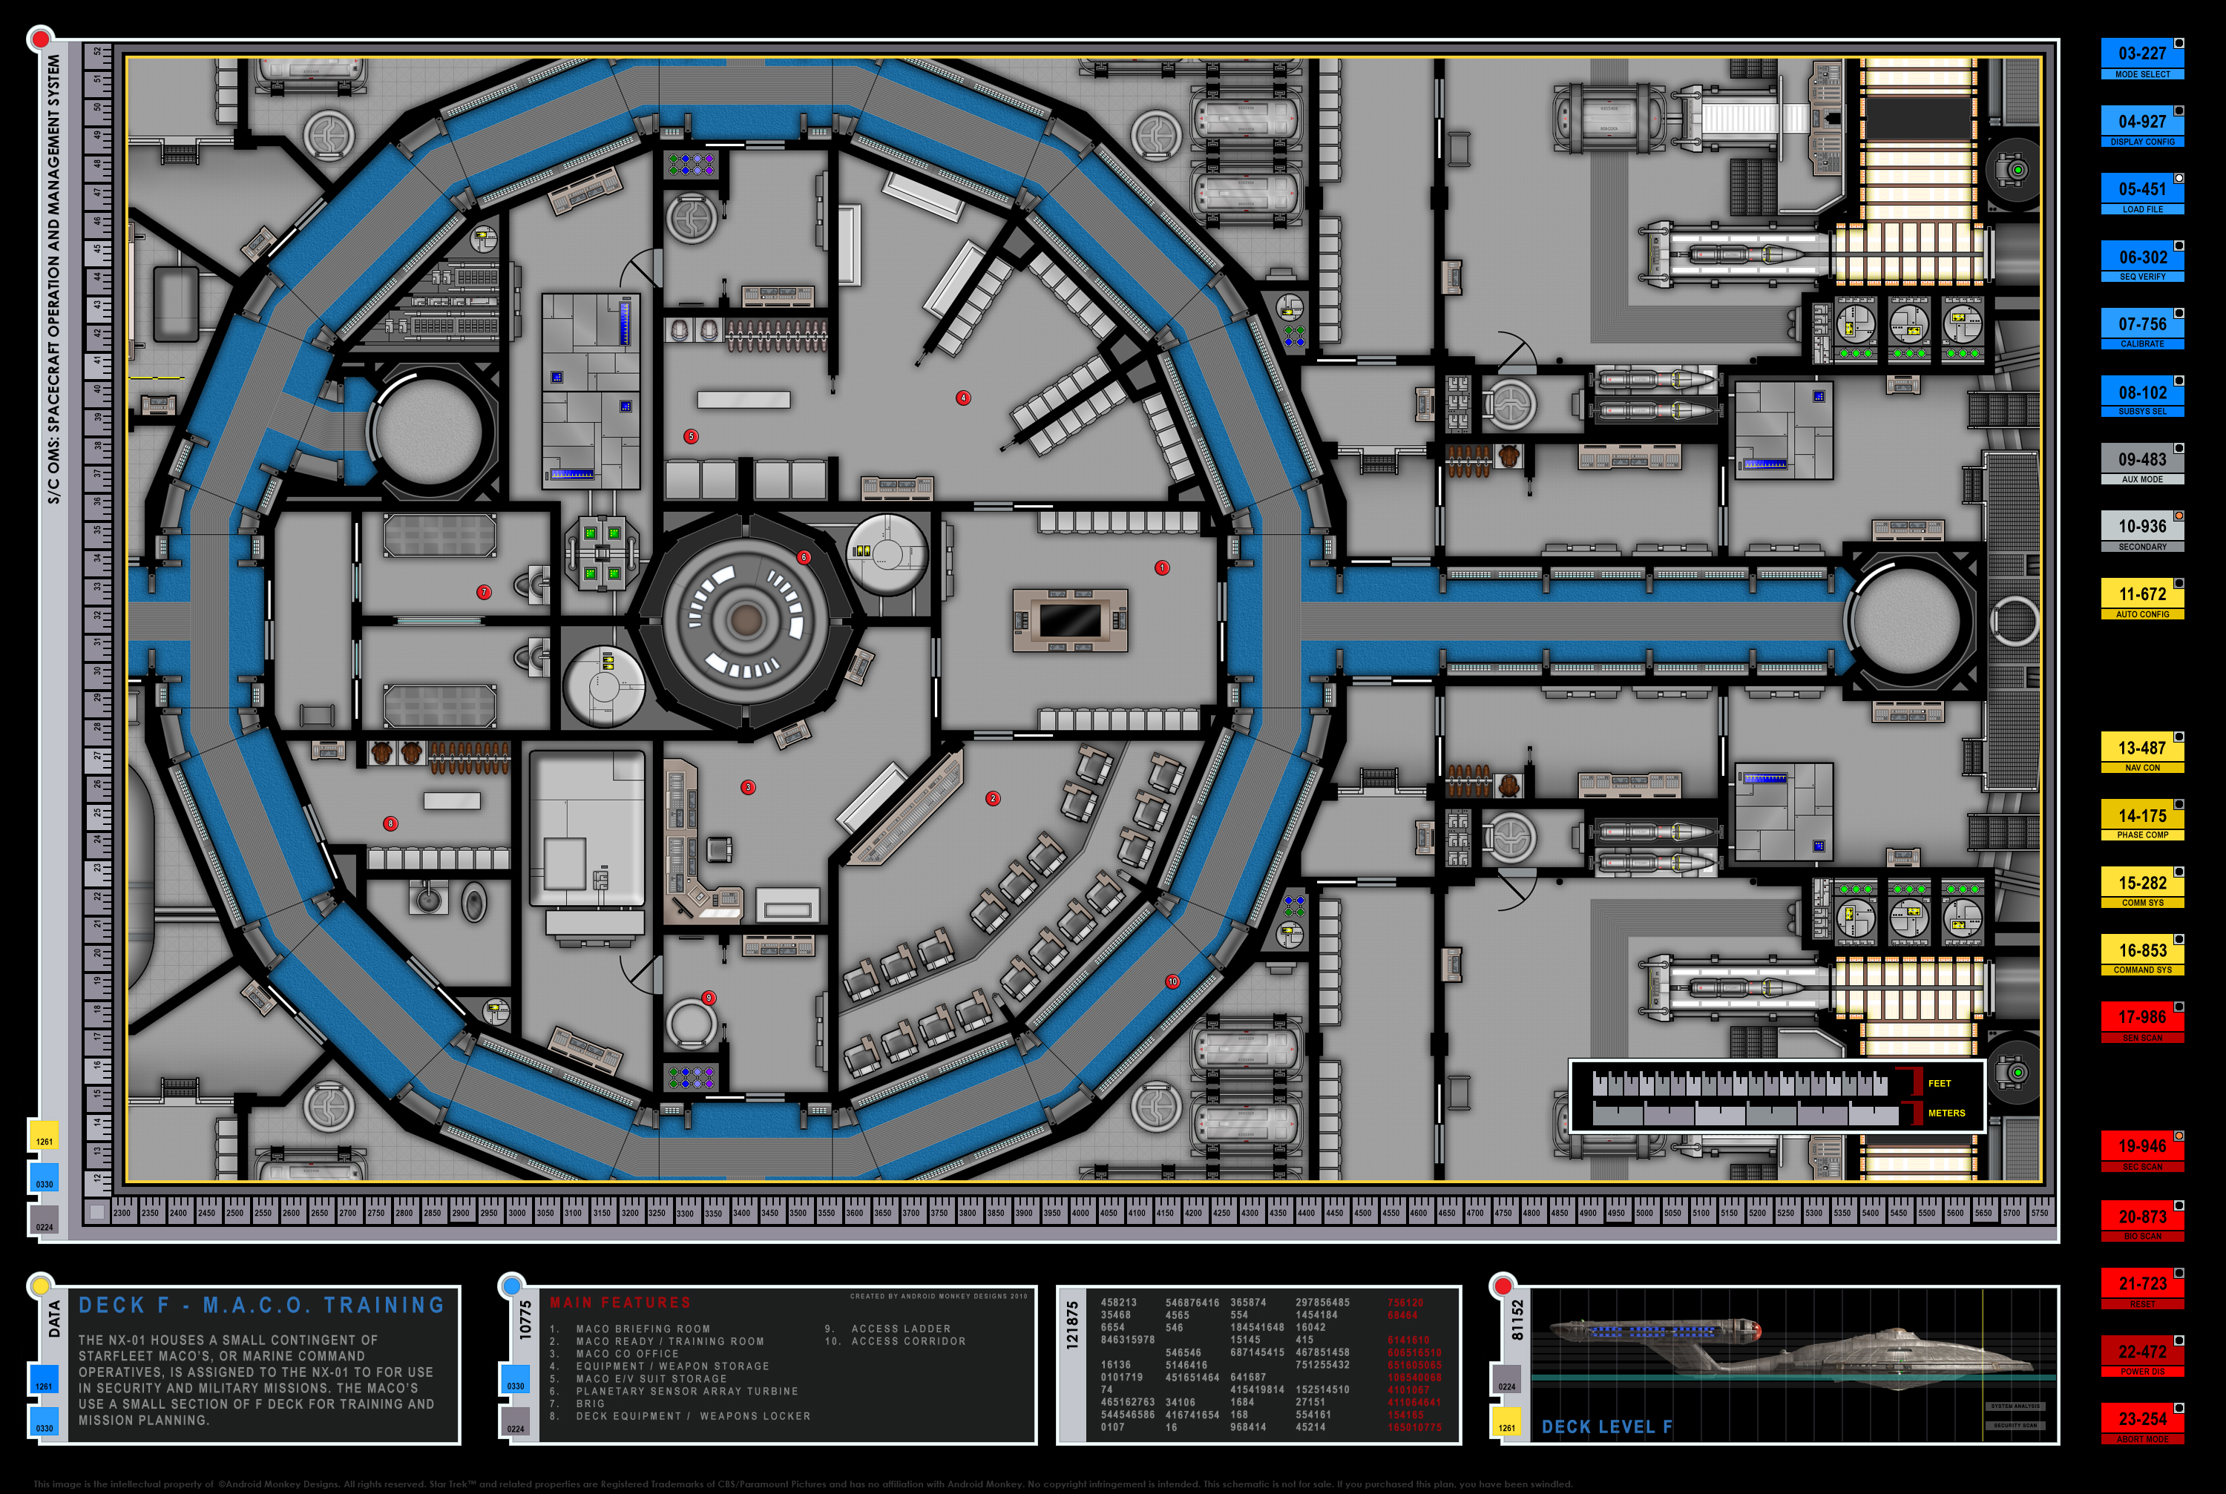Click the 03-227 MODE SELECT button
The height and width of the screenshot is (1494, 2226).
[2141, 58]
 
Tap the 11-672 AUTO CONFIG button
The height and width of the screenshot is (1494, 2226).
[2141, 599]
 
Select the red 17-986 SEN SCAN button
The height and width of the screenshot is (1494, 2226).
[2141, 1021]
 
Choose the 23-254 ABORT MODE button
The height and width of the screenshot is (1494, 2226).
[2141, 1423]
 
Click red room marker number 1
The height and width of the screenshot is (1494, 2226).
[1161, 568]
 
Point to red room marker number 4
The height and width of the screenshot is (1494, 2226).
[963, 398]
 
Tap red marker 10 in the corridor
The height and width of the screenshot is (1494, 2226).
[1172, 981]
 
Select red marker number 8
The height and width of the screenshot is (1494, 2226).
[390, 823]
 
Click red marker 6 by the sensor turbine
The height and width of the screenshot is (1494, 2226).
[804, 557]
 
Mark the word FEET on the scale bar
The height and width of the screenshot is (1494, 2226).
[1938, 1083]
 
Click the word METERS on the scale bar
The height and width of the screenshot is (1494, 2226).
[1946, 1113]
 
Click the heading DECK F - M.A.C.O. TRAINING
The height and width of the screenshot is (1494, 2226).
[261, 1306]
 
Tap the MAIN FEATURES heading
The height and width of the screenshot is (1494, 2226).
[620, 1303]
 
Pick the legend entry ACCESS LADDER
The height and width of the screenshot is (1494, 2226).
[899, 1329]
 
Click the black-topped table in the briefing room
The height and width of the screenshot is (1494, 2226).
[1070, 620]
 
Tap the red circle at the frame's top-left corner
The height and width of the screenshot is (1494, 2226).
[40, 39]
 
